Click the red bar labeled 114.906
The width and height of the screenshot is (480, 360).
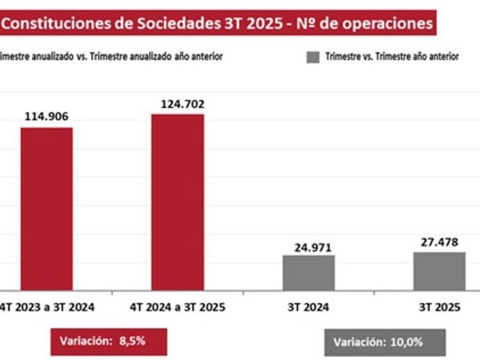click(x=46, y=208)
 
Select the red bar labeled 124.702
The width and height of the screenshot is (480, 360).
click(x=178, y=201)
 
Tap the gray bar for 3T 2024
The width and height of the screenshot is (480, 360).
click(x=308, y=271)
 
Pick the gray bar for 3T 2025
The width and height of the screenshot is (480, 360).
click(x=439, y=270)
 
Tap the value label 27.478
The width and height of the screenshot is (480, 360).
click(x=440, y=241)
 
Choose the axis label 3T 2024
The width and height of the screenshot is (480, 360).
click(x=308, y=307)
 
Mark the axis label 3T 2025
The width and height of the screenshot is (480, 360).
click(x=440, y=307)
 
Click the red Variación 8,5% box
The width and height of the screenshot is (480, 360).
click(x=109, y=340)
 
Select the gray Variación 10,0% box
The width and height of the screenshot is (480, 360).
click(x=384, y=342)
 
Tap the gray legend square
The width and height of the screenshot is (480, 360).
click(x=312, y=56)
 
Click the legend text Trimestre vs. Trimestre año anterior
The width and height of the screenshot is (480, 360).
click(x=391, y=57)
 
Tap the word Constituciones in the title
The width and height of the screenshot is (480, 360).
click(x=56, y=23)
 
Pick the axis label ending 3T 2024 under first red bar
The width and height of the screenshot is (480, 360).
click(x=48, y=307)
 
